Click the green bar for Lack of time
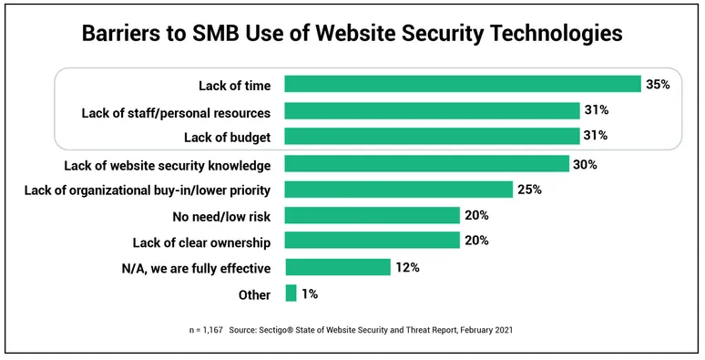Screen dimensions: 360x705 tap(463, 84)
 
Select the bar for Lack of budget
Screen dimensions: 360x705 tap(432, 136)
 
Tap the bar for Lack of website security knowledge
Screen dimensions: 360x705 tap(427, 164)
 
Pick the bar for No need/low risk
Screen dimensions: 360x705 tap(372, 215)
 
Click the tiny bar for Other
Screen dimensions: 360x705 tap(291, 293)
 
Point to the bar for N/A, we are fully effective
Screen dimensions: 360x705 tap(337, 267)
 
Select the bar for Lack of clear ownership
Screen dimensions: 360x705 tap(372, 241)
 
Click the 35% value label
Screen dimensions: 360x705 tap(659, 85)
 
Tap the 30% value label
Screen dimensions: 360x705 tap(585, 165)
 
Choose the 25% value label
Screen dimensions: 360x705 tap(530, 190)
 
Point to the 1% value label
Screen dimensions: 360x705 tap(309, 294)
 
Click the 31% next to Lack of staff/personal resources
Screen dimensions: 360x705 tap(597, 111)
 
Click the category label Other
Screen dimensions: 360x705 tap(254, 294)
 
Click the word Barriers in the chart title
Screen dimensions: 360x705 tap(125, 34)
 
